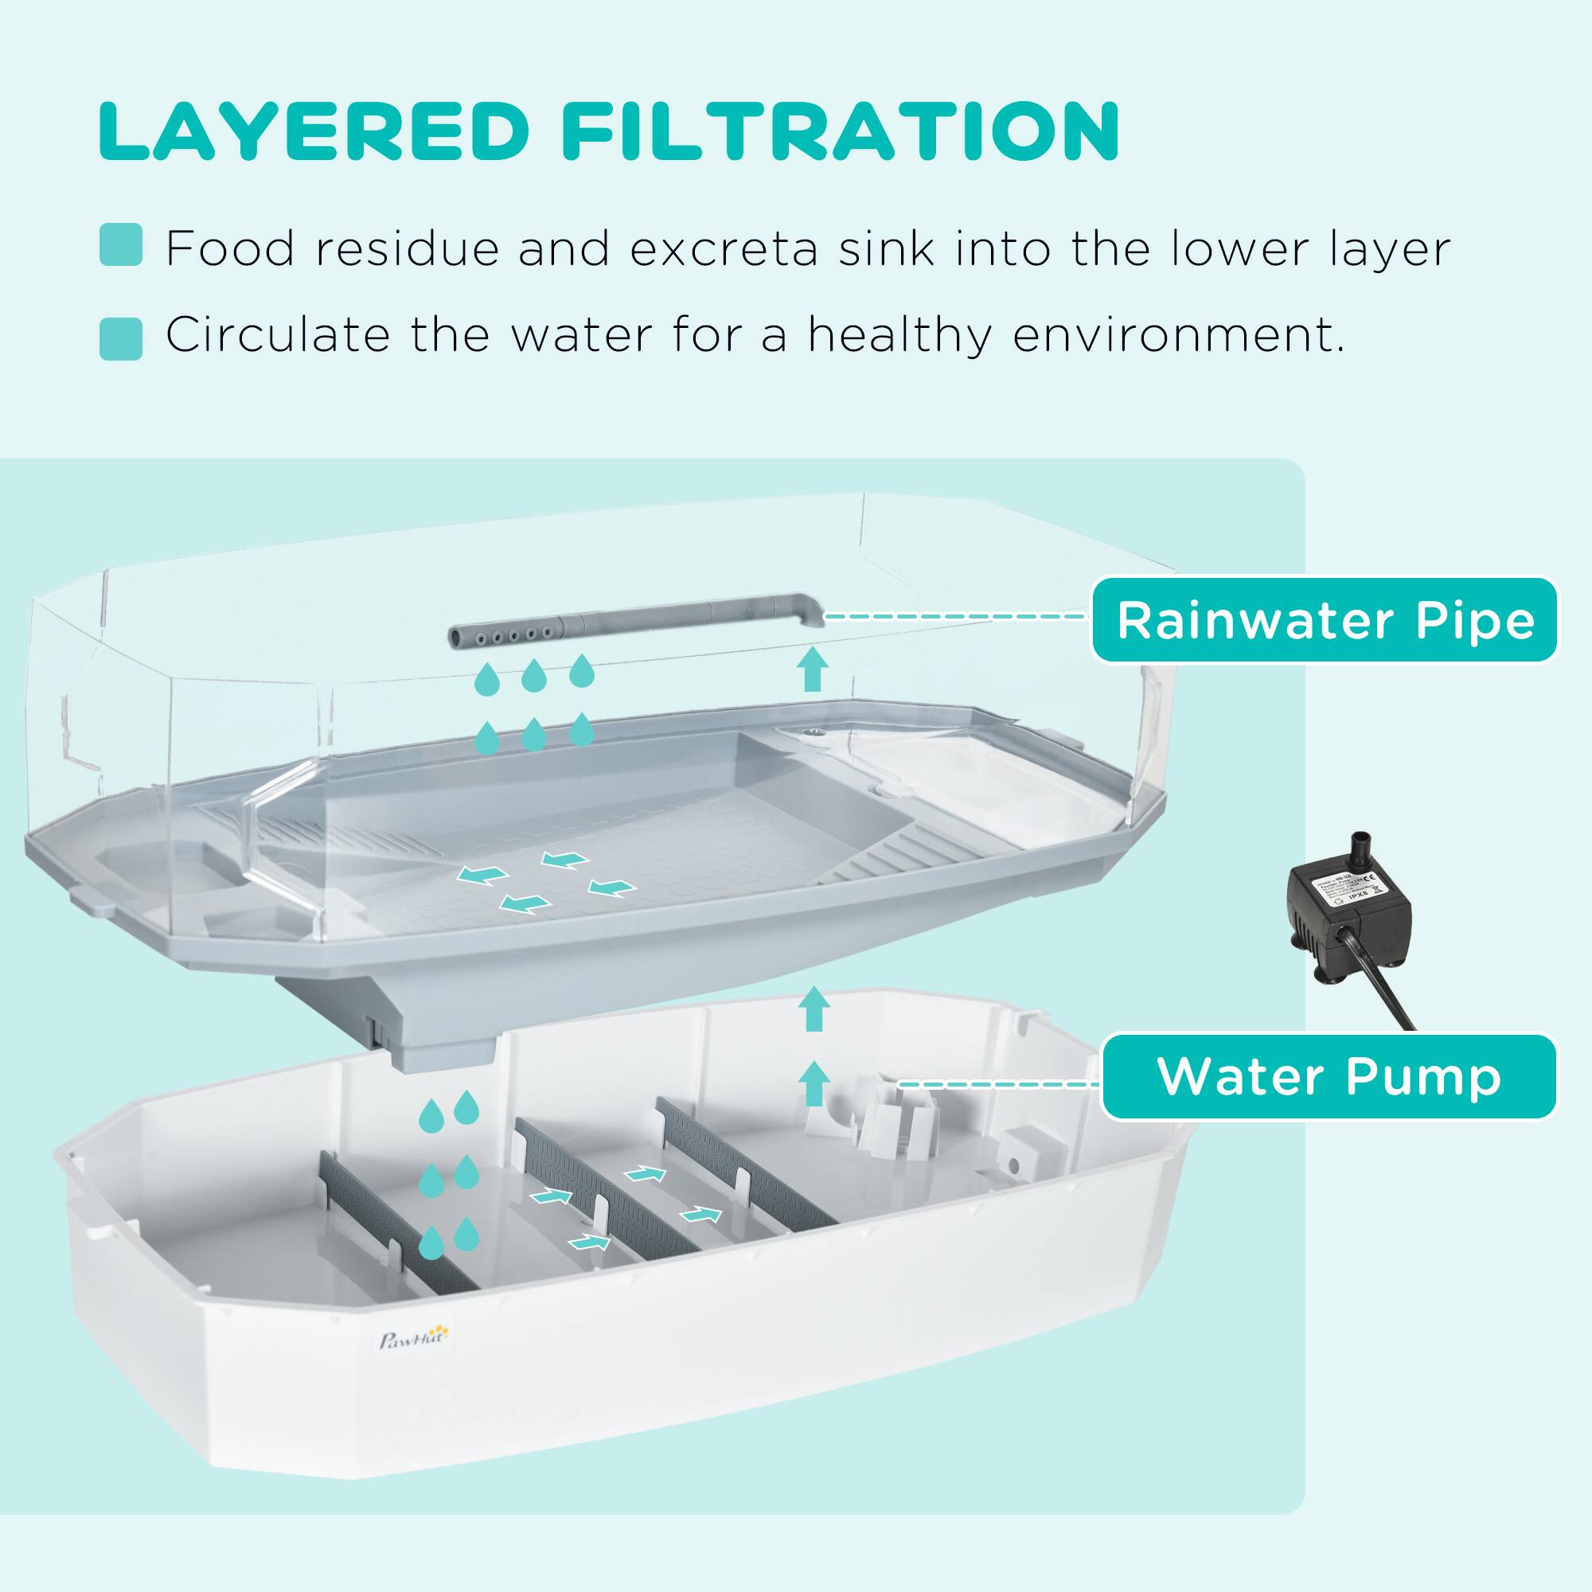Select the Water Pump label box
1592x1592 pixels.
pos(1329,1077)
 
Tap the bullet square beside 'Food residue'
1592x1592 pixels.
pos(120,244)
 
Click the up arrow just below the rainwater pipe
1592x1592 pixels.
pos(814,669)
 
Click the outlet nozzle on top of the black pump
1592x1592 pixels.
pos(1360,847)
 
